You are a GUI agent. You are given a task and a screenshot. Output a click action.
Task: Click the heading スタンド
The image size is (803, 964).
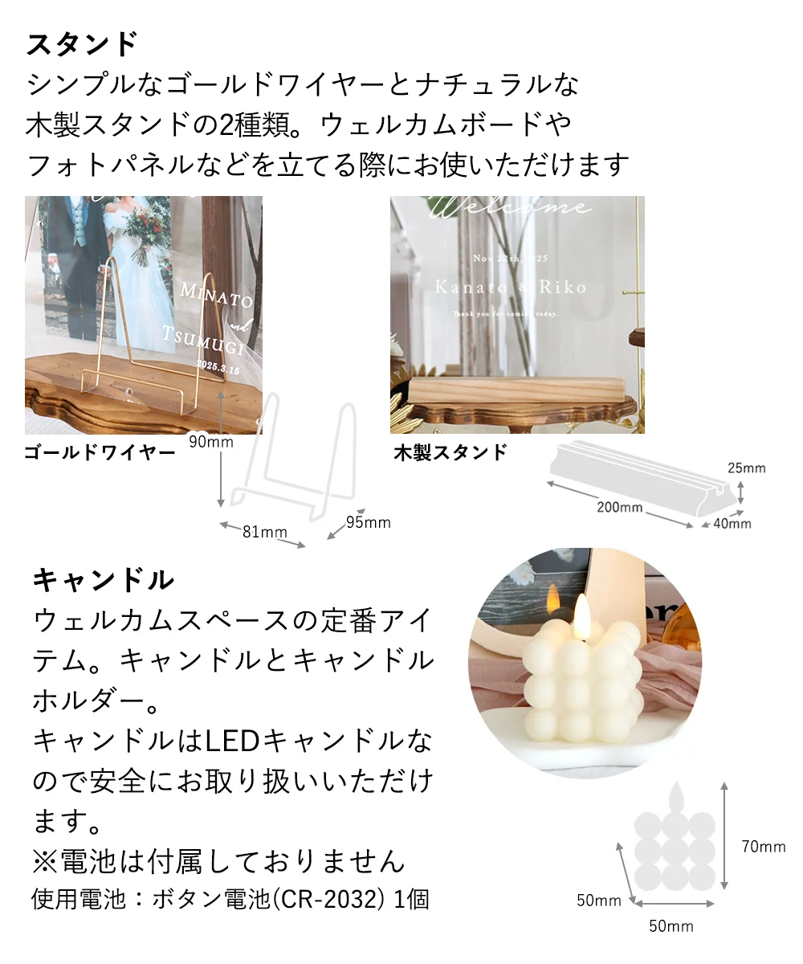click(83, 44)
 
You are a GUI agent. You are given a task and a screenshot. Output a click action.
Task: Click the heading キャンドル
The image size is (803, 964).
click(103, 578)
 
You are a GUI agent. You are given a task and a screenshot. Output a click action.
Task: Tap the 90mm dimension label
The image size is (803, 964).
click(211, 441)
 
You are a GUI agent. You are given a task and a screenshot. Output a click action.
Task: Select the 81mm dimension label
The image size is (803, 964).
click(264, 532)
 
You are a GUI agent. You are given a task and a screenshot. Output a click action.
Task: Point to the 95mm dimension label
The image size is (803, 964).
click(368, 523)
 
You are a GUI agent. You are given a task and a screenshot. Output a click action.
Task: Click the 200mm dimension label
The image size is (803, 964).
click(619, 507)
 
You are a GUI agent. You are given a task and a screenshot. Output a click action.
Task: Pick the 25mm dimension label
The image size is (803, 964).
click(747, 468)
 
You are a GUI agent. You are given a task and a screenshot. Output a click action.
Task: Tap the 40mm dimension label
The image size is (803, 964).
click(732, 524)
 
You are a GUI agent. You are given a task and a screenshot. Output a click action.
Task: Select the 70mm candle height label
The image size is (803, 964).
click(763, 846)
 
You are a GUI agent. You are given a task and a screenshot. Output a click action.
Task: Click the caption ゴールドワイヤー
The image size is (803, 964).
click(100, 453)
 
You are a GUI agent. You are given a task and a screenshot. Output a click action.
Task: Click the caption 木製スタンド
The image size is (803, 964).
click(450, 453)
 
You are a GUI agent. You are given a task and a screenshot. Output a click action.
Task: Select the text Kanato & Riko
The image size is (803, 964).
click(510, 287)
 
